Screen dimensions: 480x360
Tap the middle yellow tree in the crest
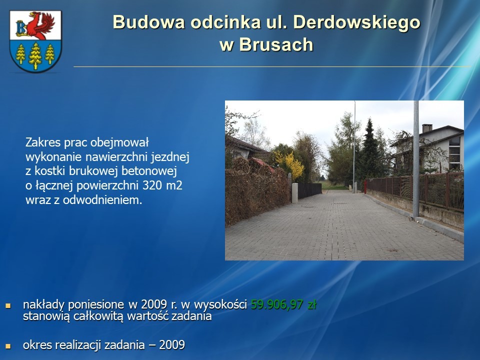tap(35, 55)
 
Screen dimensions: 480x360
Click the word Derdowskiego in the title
tap(357, 22)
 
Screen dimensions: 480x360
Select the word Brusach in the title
tap(276, 44)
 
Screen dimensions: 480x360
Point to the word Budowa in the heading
tap(149, 22)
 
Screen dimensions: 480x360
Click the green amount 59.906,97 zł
tap(284, 304)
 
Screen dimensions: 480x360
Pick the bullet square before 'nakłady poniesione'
tap(8, 305)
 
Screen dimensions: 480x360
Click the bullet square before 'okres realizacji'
tap(8, 346)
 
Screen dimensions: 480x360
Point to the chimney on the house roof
tap(427, 128)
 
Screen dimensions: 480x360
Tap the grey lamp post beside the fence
tap(416, 159)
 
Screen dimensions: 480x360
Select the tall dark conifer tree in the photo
tap(370, 150)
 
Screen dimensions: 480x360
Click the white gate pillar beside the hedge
tap(295, 193)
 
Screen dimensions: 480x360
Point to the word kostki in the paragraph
tap(50, 171)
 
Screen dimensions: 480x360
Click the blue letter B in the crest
tap(21, 28)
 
